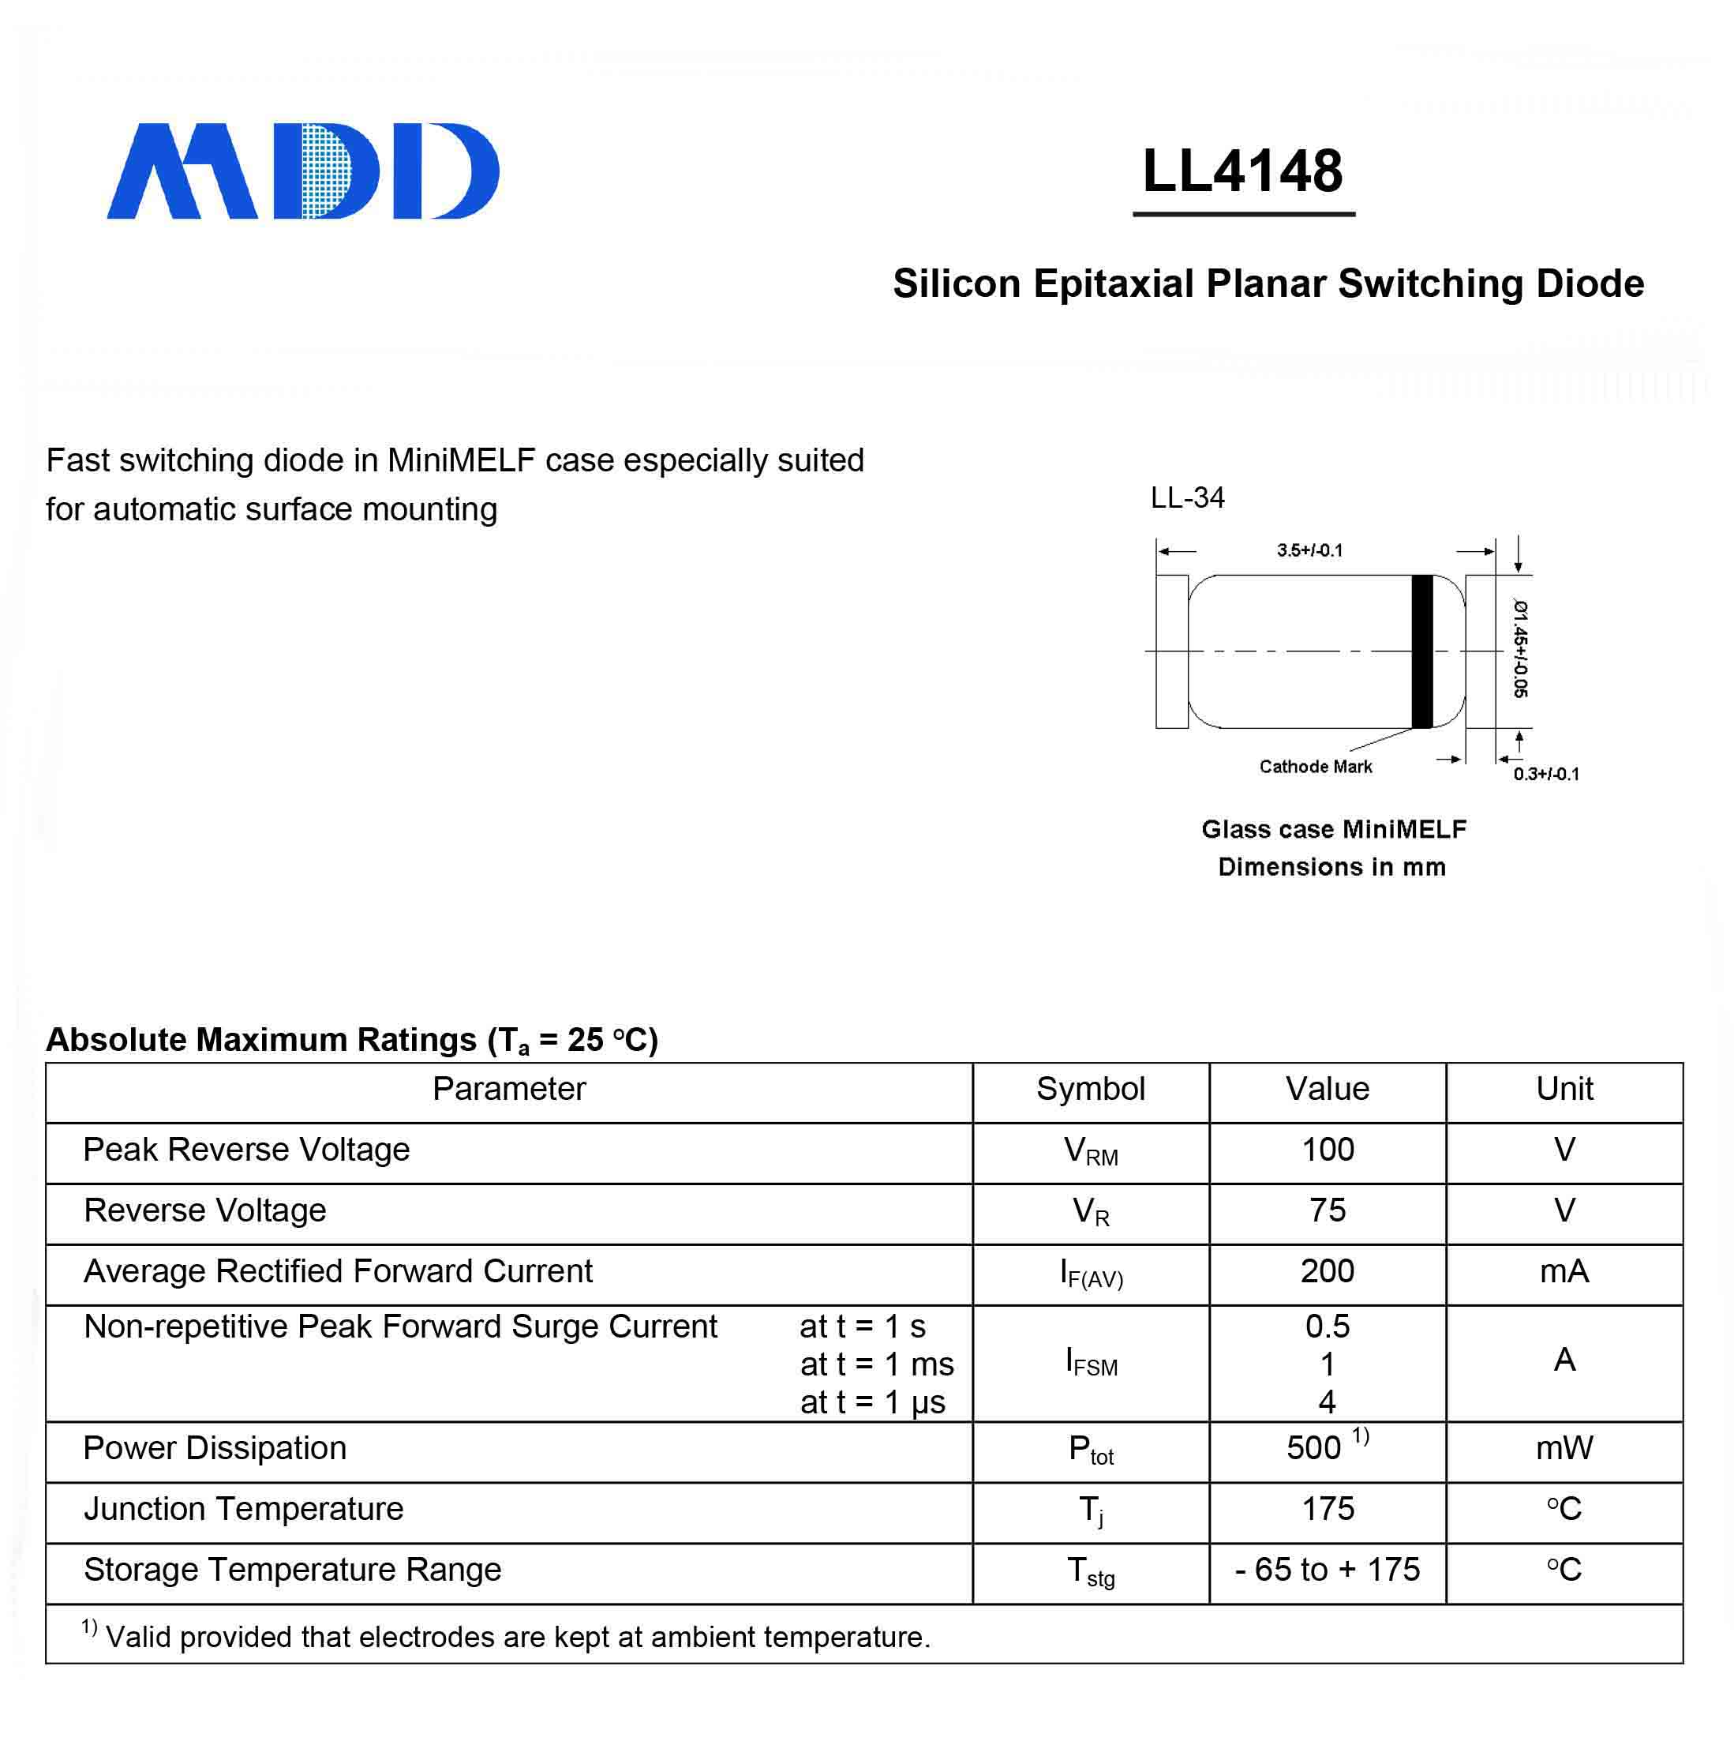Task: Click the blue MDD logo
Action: [x=302, y=171]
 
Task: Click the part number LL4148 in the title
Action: [x=1242, y=171]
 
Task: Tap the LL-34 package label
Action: [x=1187, y=497]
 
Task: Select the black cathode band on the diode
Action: [x=1421, y=651]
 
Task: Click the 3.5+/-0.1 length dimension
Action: [x=1309, y=550]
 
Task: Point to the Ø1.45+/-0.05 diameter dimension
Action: [x=1520, y=647]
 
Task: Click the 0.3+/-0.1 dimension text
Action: [x=1546, y=775]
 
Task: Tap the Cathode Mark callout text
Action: [x=1315, y=767]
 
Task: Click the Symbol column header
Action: [x=1090, y=1089]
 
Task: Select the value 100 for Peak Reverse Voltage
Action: [x=1327, y=1150]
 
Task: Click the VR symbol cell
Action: [x=1090, y=1211]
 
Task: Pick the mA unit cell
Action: [x=1564, y=1272]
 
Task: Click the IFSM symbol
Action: [x=1091, y=1363]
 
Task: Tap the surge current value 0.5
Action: [x=1327, y=1327]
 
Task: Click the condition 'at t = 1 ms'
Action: [x=876, y=1364]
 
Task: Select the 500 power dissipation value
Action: [x=1313, y=1447]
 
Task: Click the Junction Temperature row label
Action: [x=243, y=1509]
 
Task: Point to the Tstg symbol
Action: [x=1090, y=1570]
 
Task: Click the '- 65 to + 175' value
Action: [x=1327, y=1570]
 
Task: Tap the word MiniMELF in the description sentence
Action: [x=461, y=461]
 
